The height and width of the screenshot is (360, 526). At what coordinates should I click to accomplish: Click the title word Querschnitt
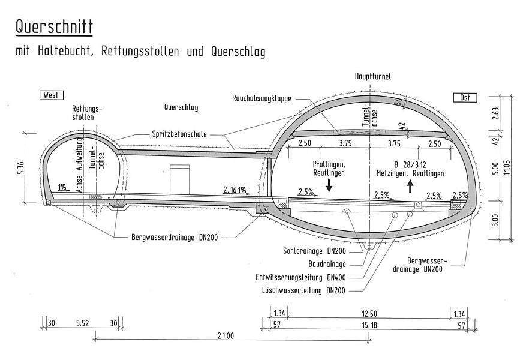click(55, 26)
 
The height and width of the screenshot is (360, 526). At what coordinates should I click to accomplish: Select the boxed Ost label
click(464, 97)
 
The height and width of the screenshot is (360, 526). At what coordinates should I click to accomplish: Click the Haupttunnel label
click(372, 77)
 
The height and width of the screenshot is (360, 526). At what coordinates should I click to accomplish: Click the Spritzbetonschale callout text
click(179, 134)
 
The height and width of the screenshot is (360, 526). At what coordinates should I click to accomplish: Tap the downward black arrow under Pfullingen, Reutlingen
click(329, 185)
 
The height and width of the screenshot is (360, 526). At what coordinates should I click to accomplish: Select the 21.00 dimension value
click(226, 335)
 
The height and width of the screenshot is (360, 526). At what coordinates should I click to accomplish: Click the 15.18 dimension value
click(369, 325)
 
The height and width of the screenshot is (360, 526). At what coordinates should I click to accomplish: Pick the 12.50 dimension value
click(369, 313)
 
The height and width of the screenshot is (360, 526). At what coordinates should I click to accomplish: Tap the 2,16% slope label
click(234, 190)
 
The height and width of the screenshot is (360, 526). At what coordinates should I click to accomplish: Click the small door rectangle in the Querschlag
click(179, 180)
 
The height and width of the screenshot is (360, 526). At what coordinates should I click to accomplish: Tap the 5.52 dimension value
click(83, 323)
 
